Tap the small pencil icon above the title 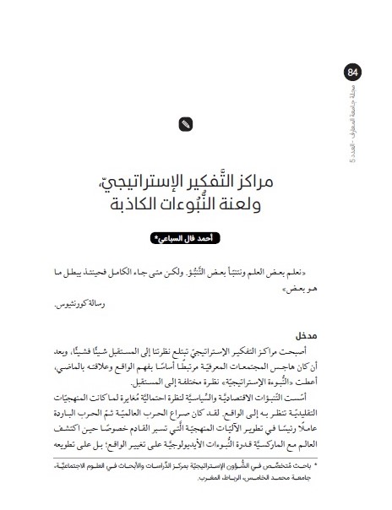pyautogui.click(x=186, y=124)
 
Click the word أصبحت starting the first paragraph pyautogui.click(x=308, y=348)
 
